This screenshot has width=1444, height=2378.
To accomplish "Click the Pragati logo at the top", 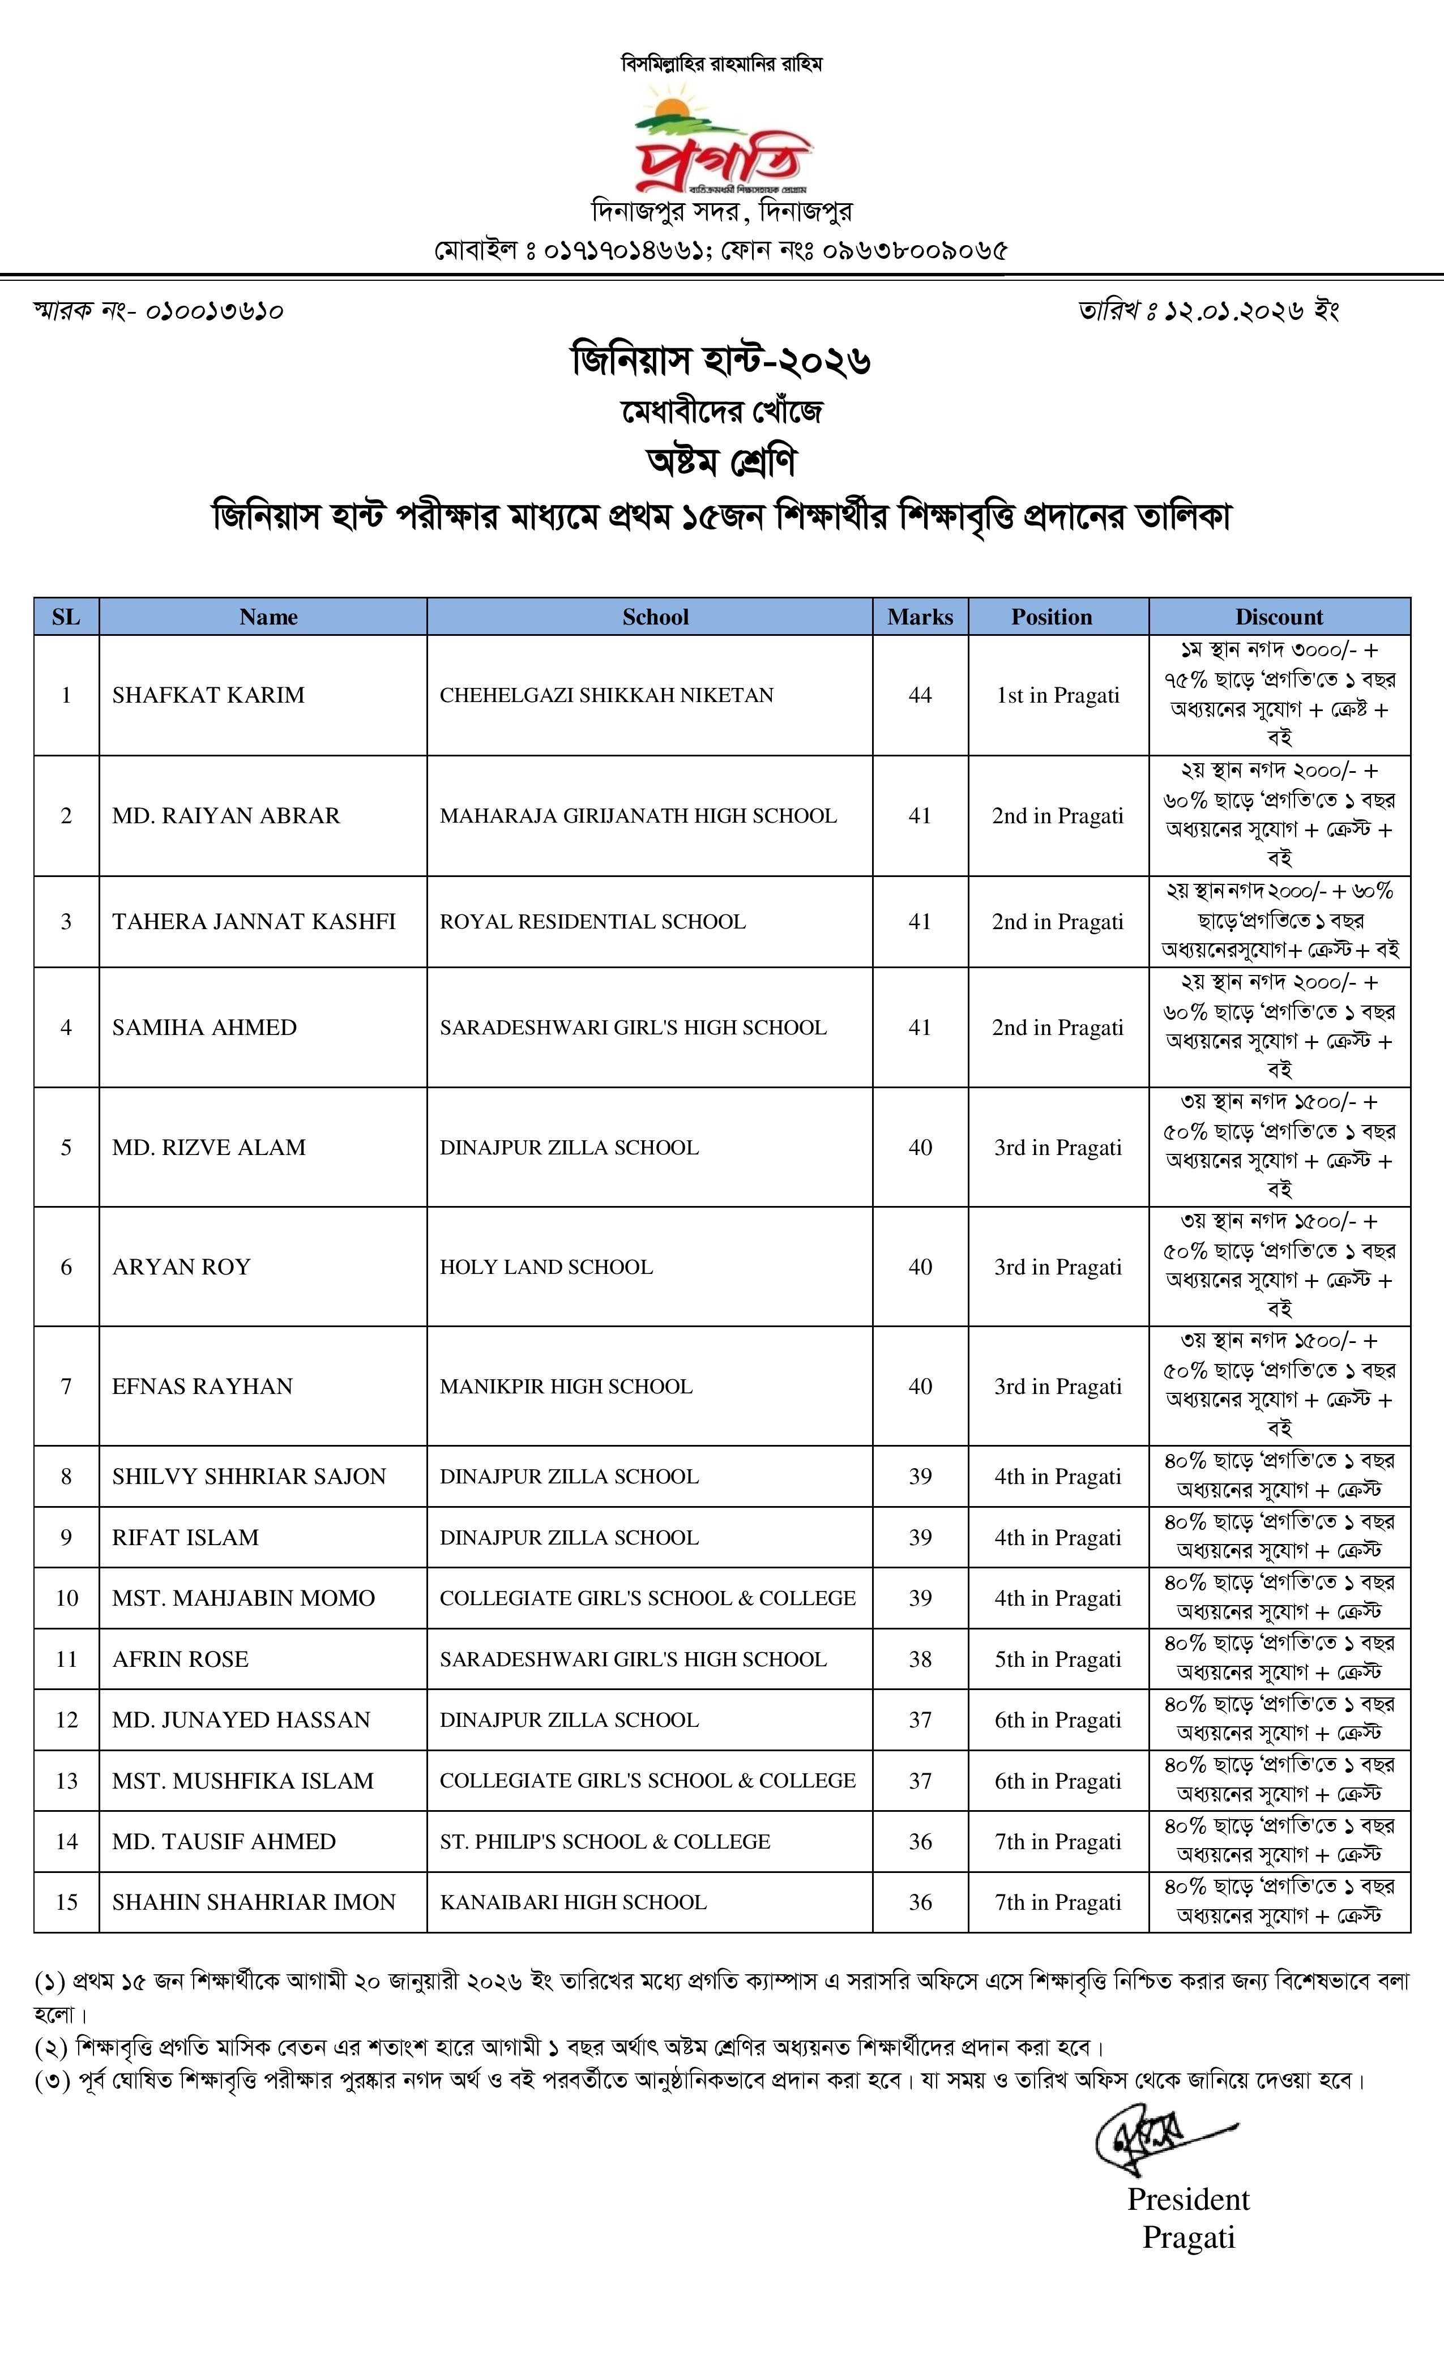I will (x=722, y=140).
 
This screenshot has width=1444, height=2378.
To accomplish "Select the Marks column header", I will (x=920, y=617).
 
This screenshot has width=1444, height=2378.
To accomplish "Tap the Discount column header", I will (x=1279, y=617).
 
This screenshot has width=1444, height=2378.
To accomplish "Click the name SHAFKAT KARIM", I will (x=207, y=695).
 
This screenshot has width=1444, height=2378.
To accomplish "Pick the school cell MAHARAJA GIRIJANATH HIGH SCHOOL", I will (x=638, y=815).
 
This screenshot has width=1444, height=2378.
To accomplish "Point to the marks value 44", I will (x=920, y=695).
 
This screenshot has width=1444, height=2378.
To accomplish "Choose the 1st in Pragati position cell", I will (x=1058, y=695).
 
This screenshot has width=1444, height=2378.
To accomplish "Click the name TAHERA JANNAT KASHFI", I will (x=254, y=922).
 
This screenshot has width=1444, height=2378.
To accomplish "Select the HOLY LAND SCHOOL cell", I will (x=546, y=1267).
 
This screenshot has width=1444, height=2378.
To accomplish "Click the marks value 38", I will (x=920, y=1659).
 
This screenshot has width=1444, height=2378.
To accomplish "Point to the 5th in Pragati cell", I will (x=1058, y=1659).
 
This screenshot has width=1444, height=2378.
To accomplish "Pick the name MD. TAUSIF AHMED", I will (x=224, y=1841).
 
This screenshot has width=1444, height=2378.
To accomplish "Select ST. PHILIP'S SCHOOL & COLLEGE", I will (x=605, y=1841).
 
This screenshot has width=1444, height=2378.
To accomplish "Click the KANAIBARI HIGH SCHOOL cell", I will (x=573, y=1902).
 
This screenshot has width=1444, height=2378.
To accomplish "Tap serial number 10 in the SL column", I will (x=67, y=1598).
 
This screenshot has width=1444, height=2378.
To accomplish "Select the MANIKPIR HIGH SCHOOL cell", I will (x=566, y=1387).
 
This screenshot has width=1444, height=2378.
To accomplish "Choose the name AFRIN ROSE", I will (x=181, y=1659).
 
